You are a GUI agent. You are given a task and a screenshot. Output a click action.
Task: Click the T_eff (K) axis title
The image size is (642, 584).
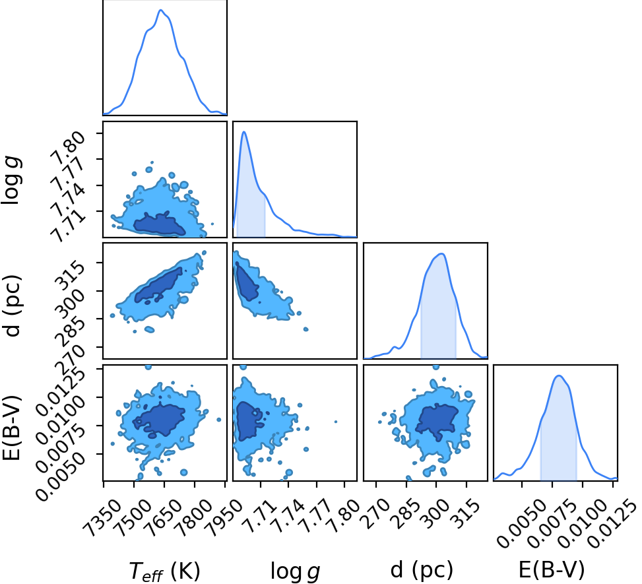pyautogui.click(x=164, y=571)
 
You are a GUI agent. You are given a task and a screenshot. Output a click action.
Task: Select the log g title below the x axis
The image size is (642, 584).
pyautogui.click(x=295, y=571)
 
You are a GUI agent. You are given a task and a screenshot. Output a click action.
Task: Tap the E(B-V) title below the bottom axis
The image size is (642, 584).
pyautogui.click(x=551, y=569)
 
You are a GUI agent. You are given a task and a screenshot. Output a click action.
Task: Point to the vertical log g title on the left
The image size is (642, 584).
pyautogui.click(x=11, y=180)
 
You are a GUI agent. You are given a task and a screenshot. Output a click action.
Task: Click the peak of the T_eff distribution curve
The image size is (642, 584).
pyautogui.click(x=161, y=10)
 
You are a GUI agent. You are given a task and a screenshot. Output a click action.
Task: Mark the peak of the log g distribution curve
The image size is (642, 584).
pyautogui.click(x=244, y=132)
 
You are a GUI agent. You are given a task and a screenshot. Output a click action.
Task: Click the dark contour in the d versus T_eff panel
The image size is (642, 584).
pyautogui.click(x=160, y=284)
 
